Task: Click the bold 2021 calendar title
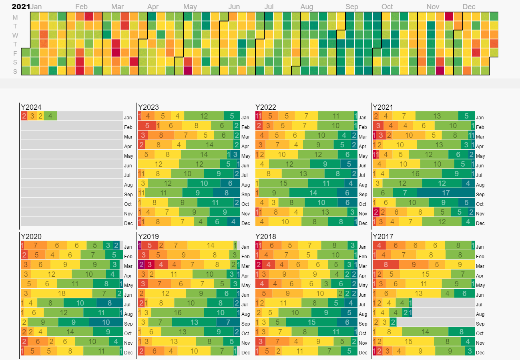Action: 21,7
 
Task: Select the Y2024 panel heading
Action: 31,107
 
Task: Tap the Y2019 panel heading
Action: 149,237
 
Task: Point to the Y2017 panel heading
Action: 383,237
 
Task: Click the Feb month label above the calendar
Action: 81,7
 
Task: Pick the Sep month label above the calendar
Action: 352,7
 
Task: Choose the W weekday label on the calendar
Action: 15,35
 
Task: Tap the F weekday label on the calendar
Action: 15,53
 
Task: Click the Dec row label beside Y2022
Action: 363,223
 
